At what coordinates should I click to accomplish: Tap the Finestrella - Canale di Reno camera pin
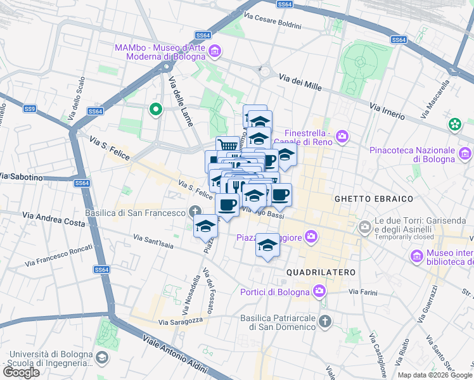tap(342, 136)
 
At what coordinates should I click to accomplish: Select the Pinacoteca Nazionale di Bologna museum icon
tap(465, 153)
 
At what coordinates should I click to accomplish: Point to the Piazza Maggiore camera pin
tap(311, 237)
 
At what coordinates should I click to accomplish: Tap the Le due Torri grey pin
tap(365, 226)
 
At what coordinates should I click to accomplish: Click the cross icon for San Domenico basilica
tap(324, 320)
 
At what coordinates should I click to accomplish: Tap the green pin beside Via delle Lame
tap(155, 110)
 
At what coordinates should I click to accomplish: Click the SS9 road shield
tap(30, 109)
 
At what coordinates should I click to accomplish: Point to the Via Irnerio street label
tap(387, 111)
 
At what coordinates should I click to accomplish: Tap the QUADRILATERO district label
tap(323, 272)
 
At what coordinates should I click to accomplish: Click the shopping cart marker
tap(227, 146)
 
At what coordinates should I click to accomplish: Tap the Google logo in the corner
tap(22, 372)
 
